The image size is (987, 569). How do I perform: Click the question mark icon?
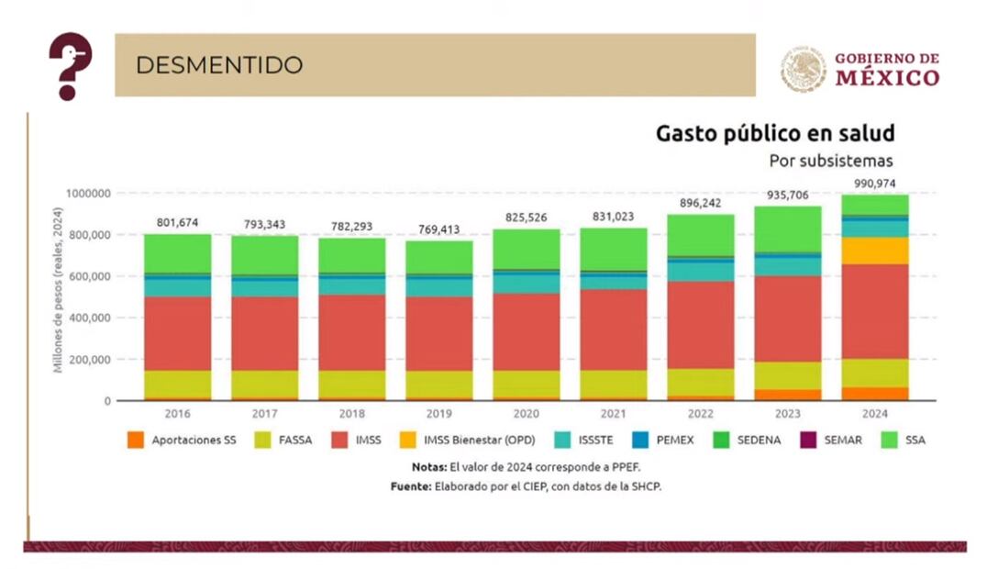point(71,65)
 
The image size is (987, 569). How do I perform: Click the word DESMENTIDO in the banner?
point(218,65)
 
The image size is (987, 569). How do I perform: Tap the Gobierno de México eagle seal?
point(803,70)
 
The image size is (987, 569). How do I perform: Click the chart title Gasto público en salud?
point(774,133)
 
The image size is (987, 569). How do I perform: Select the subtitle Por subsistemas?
point(830,161)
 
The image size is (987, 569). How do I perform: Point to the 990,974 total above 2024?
point(873,184)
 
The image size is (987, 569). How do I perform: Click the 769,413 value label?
point(438,229)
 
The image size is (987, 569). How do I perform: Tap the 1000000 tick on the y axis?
point(88,194)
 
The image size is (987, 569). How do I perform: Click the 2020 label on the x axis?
point(527,413)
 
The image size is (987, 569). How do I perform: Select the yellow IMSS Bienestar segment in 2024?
point(876,250)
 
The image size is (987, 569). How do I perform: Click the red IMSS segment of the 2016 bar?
point(177,332)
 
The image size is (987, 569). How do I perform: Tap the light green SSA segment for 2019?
point(438,257)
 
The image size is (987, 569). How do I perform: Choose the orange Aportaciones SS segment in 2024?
point(876,394)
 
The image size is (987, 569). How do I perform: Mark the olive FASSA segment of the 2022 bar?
point(701,382)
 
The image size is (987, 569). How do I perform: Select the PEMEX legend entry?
point(665,441)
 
